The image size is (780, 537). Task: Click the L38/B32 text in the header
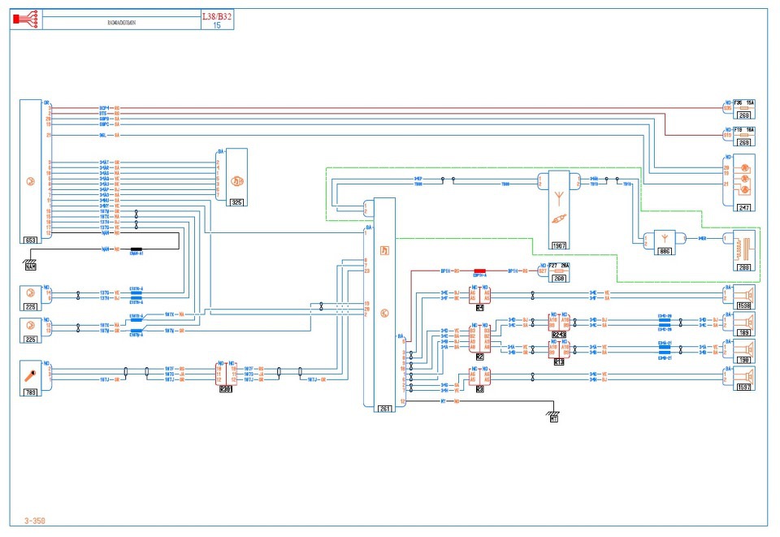[217, 15]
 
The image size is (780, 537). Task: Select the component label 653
[31, 241]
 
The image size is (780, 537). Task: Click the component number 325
[236, 201]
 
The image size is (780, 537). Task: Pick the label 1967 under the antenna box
[559, 245]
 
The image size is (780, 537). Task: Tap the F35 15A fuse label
[743, 103]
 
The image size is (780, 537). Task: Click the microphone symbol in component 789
[30, 375]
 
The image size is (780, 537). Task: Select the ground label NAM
[30, 266]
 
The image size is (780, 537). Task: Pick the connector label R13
[559, 362]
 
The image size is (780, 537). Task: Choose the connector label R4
[480, 309]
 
